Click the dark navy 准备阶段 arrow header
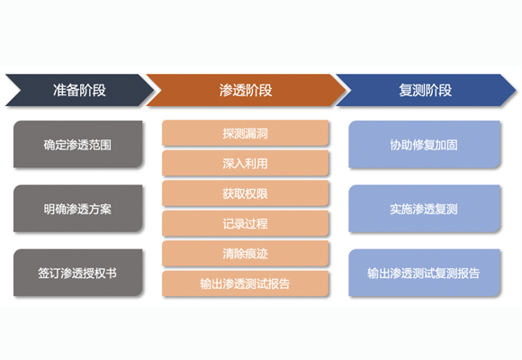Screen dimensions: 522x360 [80, 90]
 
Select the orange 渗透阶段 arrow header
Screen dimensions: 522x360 [246, 90]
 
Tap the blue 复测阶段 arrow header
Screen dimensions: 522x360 [426, 90]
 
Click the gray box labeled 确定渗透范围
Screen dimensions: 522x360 [78, 144]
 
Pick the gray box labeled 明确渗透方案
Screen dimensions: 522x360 [78, 209]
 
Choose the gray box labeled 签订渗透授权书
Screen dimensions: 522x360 [78, 273]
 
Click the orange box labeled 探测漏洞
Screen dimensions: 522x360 [246, 133]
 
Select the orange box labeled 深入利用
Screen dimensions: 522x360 [246, 163]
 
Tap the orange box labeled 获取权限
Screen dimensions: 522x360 [246, 193]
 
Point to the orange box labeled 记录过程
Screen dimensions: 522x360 [246, 223]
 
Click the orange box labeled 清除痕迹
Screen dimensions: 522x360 [246, 254]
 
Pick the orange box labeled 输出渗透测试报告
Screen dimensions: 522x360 [246, 283]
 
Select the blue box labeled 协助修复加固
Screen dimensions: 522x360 [424, 144]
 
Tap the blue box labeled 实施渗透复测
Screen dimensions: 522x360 [424, 209]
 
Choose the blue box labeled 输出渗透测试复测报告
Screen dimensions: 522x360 [424, 273]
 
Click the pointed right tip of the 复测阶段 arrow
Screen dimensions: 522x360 [516, 90]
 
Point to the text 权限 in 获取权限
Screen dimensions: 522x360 [256, 193]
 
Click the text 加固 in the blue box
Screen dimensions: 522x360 [446, 145]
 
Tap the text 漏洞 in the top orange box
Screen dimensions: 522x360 [256, 133]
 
